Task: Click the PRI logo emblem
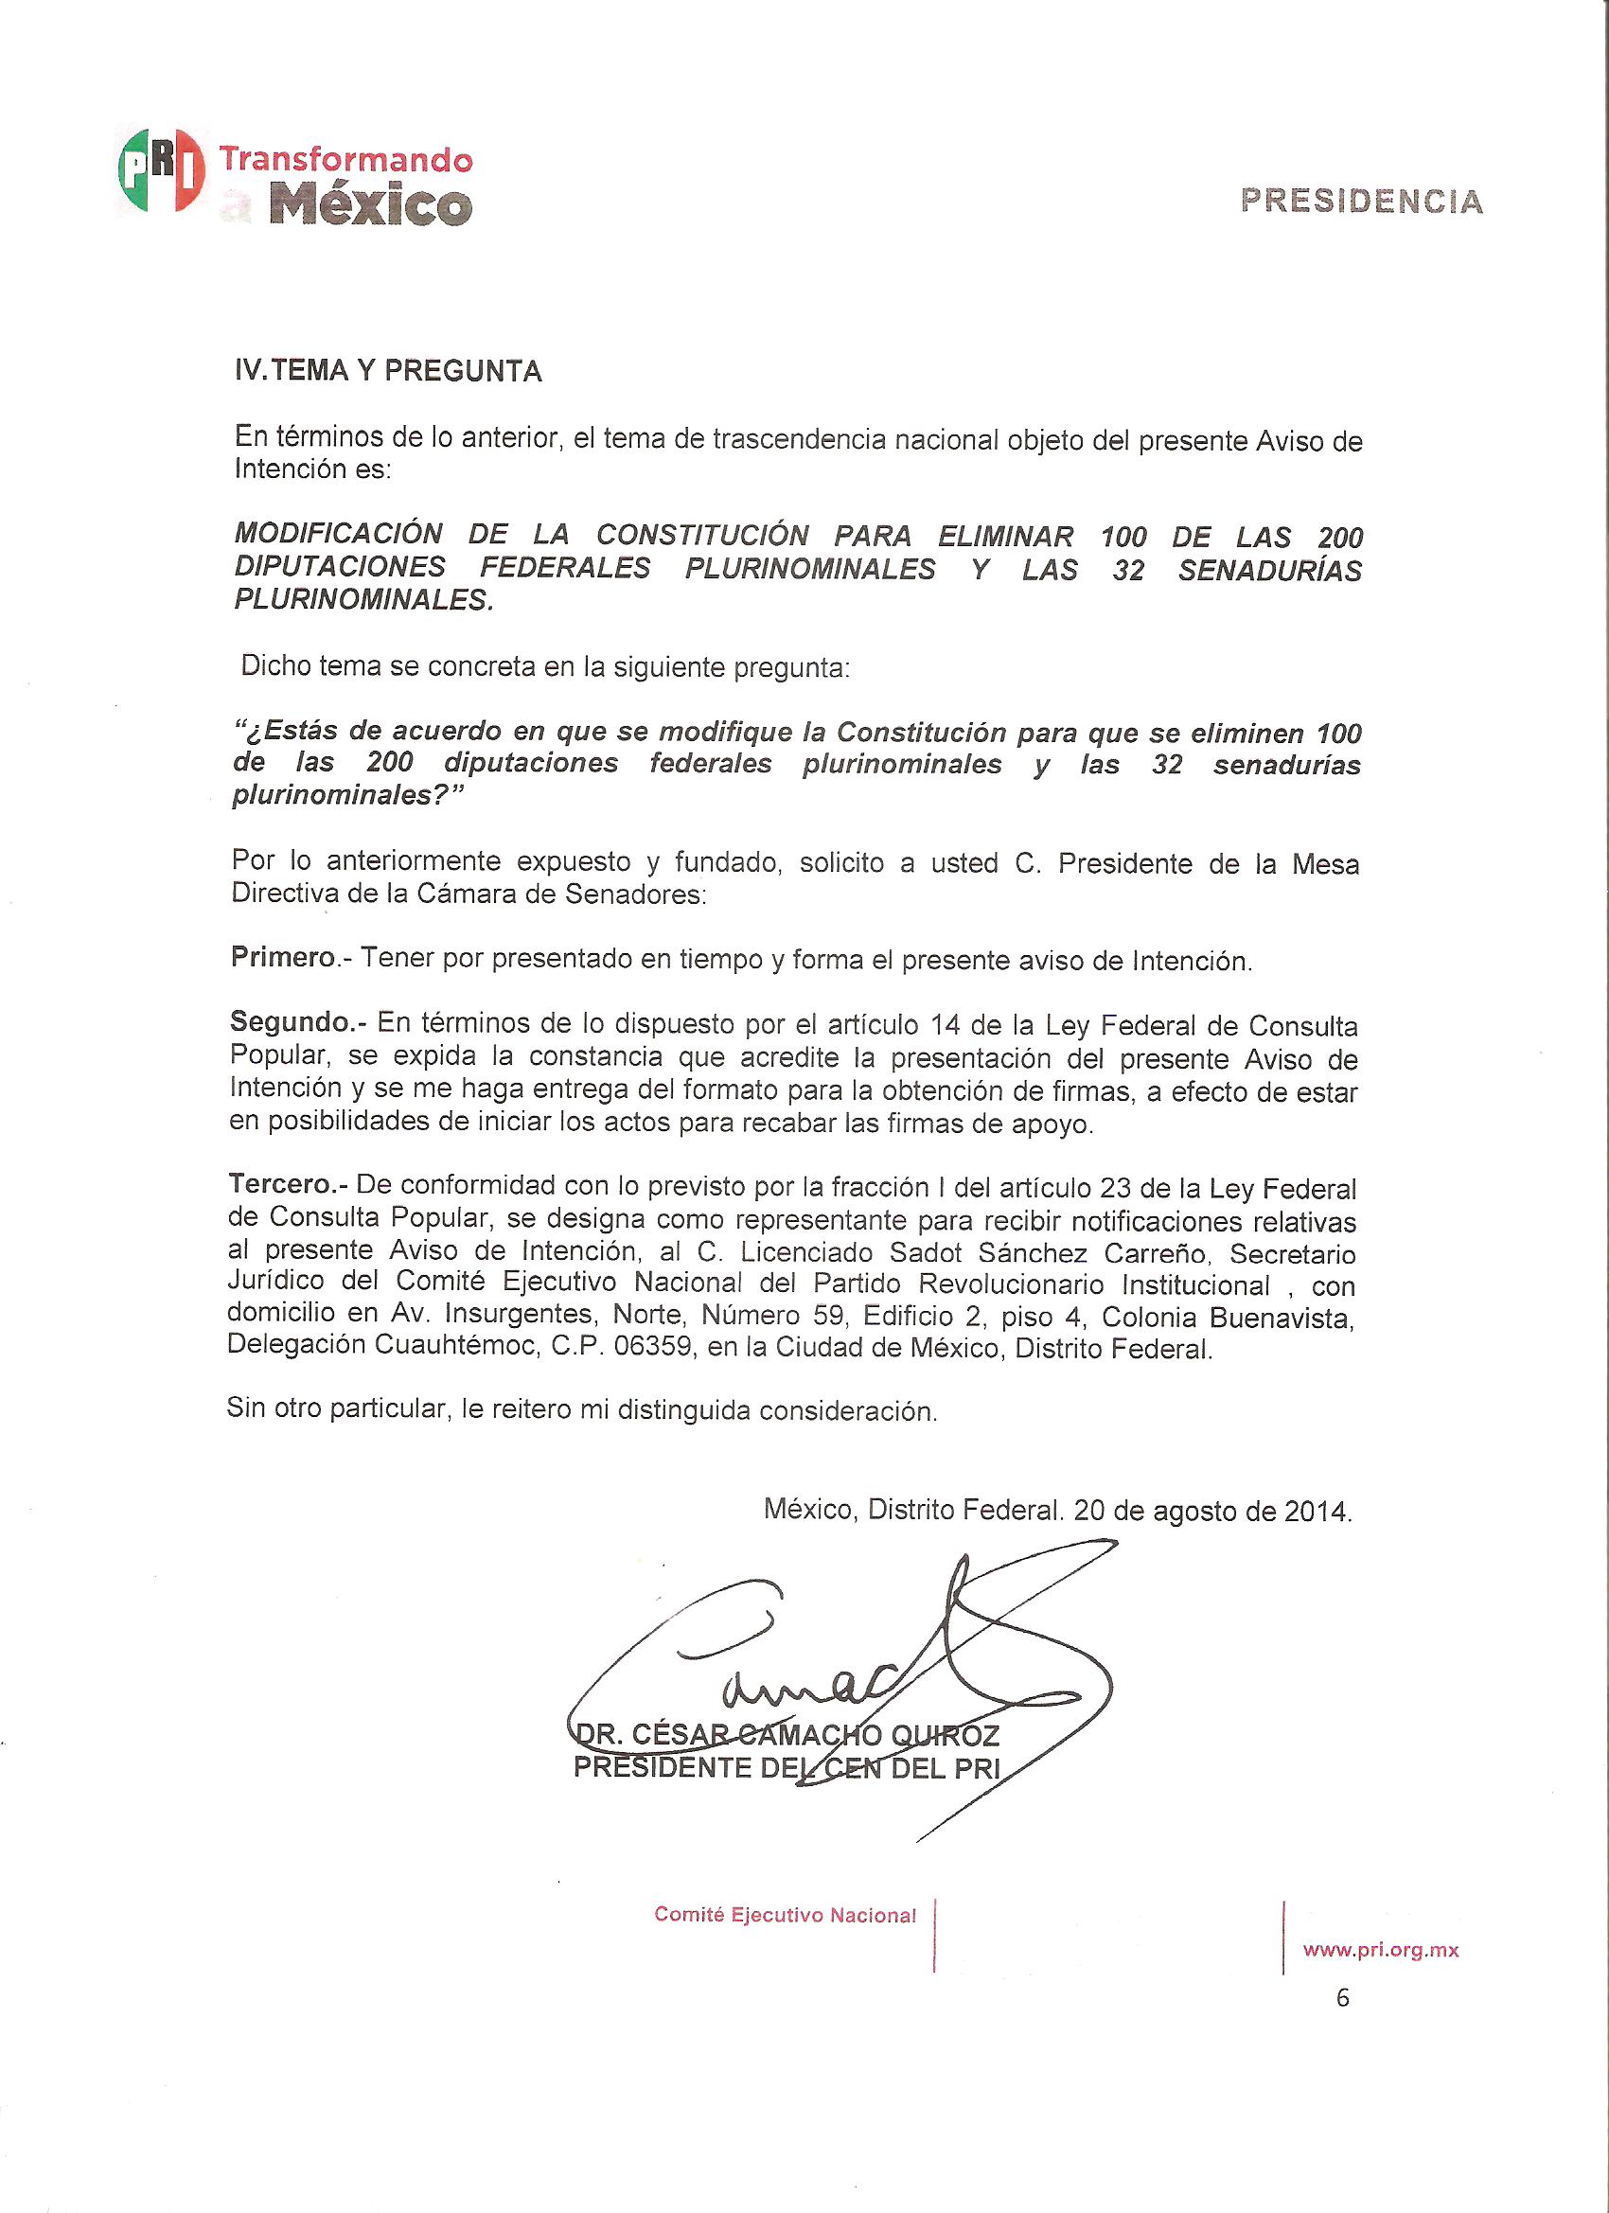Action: [161, 169]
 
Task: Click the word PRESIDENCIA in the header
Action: [1361, 202]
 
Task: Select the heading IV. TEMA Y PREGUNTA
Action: [387, 372]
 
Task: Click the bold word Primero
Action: [283, 957]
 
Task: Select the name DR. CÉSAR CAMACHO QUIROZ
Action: [787, 1736]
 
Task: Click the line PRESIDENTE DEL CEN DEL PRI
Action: [787, 1768]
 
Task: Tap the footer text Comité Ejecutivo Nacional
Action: [785, 1916]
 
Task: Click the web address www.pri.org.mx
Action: [1381, 1951]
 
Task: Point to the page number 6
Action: [1343, 1998]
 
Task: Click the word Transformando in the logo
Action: [345, 158]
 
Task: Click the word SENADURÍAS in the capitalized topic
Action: [1269, 570]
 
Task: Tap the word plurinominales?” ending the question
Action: [346, 795]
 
